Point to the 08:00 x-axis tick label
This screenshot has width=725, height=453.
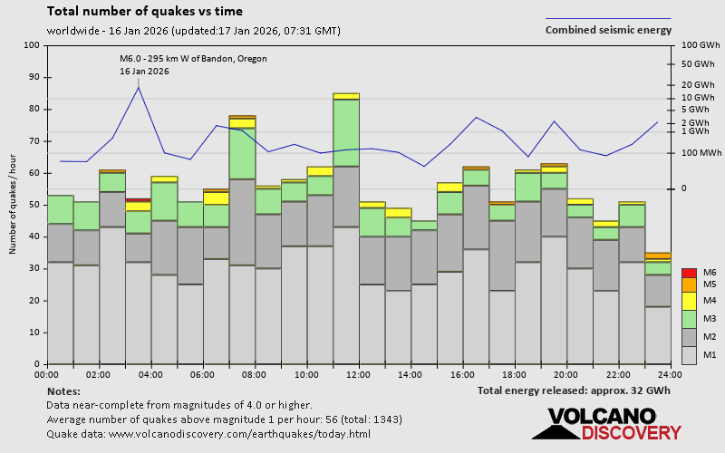[255, 374]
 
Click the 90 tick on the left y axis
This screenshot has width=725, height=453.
[34, 77]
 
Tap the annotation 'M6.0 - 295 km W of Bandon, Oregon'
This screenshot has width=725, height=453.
[193, 59]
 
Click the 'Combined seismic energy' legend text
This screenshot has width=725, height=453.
[608, 30]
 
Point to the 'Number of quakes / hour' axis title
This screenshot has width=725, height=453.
[14, 205]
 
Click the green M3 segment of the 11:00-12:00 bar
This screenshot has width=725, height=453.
[346, 132]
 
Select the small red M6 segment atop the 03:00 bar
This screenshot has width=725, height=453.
[138, 199]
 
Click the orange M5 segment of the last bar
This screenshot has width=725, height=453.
[658, 256]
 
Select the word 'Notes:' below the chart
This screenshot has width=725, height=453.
[63, 390]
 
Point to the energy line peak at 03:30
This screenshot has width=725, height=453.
[138, 87]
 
